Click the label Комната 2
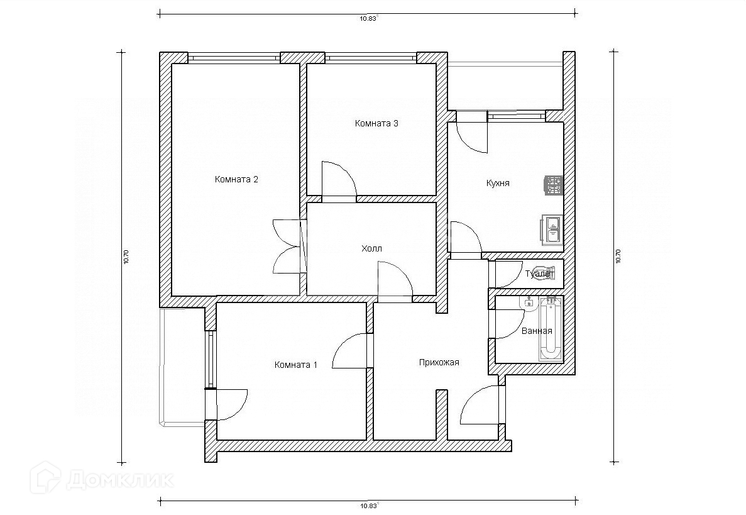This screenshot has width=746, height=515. click(x=236, y=179)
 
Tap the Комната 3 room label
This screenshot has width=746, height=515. click(x=376, y=123)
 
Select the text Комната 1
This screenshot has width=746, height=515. click(x=295, y=365)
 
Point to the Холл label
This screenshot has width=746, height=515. click(x=371, y=248)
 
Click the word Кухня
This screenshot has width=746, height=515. click(x=498, y=183)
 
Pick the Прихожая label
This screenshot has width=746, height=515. click(x=439, y=363)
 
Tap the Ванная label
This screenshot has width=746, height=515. click(x=537, y=331)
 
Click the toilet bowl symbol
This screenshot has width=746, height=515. click(x=545, y=273)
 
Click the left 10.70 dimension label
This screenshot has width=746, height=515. click(x=126, y=257)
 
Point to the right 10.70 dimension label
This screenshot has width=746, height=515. click(x=618, y=257)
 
